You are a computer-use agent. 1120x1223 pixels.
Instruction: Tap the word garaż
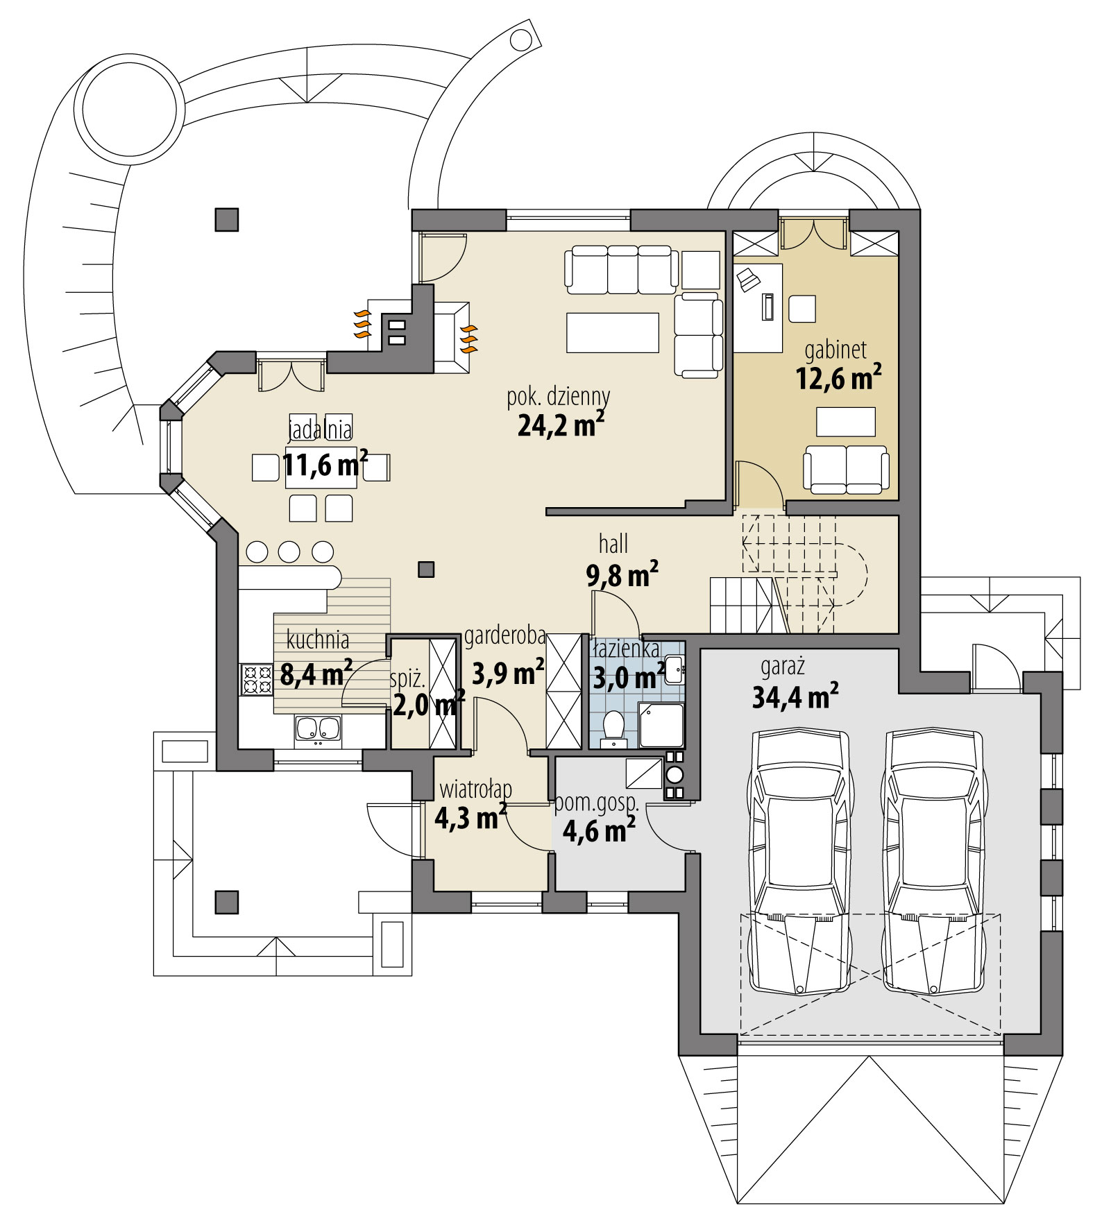[782, 667]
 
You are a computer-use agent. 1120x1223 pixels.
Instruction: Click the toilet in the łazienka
[613, 726]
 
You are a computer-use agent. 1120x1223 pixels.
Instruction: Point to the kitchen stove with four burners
[256, 679]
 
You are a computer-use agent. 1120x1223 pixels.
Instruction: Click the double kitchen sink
[318, 729]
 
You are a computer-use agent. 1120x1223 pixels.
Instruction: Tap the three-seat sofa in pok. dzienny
[622, 269]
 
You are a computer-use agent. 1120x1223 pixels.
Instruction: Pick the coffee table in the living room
[612, 333]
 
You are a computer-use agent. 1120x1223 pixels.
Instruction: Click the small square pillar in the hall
[426, 570]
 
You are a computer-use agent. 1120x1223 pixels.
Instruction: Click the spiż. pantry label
[407, 678]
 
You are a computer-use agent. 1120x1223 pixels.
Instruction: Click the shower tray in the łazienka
[661, 725]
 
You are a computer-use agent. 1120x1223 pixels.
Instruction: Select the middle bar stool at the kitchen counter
[289, 551]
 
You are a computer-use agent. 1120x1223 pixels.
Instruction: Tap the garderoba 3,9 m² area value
[507, 672]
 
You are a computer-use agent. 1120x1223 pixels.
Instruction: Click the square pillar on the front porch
[226, 903]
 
